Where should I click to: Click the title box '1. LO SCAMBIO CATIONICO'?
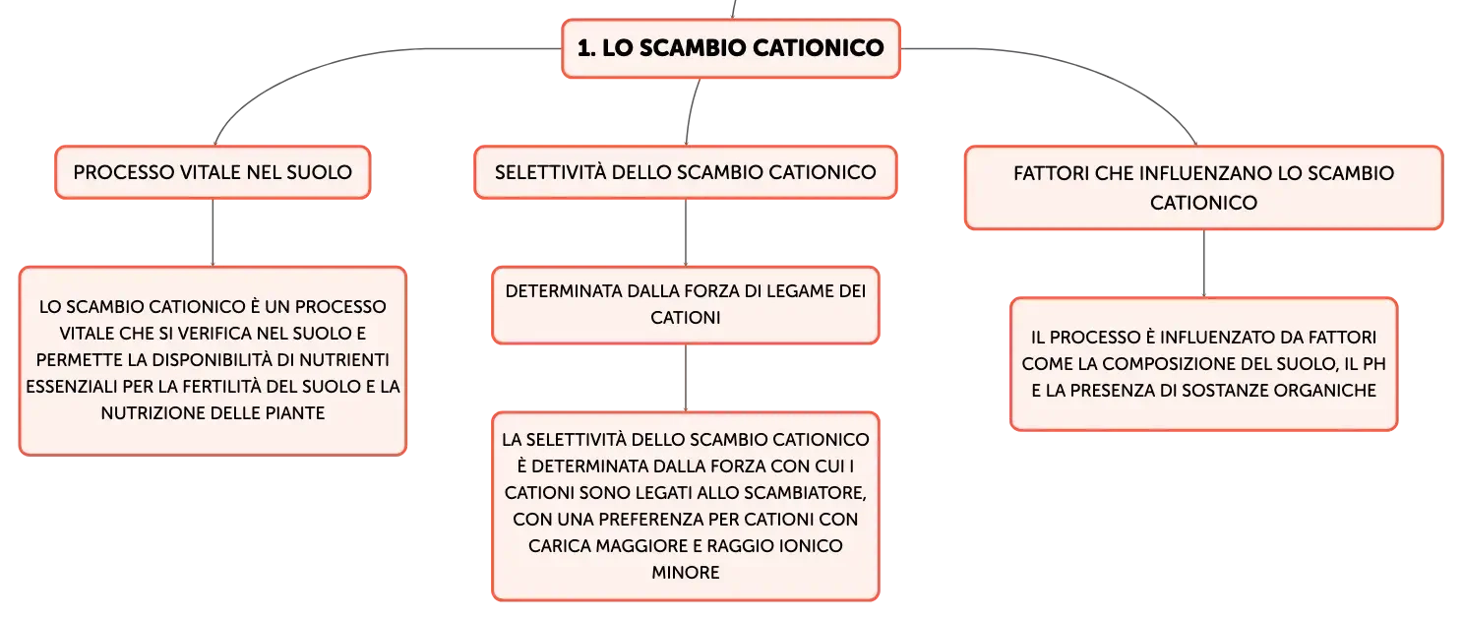pos(731,48)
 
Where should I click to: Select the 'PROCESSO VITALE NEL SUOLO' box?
pos(213,172)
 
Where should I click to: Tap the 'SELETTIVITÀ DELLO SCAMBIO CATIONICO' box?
pos(685,172)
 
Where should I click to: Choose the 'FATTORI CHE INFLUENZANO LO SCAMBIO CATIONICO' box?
pos(1203,187)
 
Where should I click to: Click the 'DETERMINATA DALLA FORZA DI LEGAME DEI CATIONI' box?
pos(685,305)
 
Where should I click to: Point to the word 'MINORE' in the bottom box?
pos(685,573)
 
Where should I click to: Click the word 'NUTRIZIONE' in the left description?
pos(147,413)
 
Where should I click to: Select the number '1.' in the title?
pos(586,47)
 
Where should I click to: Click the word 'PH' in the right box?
pos(1374,364)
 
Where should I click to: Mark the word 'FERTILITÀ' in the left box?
pos(221,387)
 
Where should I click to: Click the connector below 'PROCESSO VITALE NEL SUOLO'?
pos(213,232)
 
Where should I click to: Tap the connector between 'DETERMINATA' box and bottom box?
pos(685,378)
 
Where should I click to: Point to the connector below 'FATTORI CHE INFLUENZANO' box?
pos(1203,264)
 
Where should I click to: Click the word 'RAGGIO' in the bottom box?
pos(736,546)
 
